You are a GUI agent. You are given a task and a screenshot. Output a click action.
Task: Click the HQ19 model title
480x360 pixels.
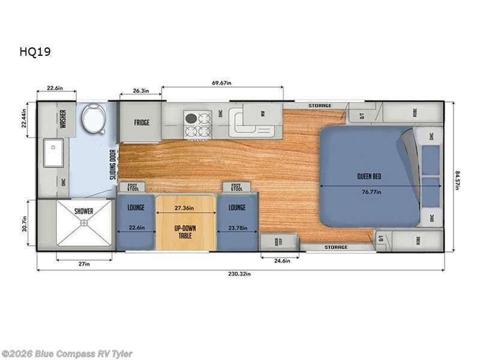coord(35,52)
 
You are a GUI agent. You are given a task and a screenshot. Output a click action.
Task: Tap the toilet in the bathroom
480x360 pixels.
coord(92,118)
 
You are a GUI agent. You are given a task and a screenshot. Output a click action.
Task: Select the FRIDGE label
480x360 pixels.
coord(142,123)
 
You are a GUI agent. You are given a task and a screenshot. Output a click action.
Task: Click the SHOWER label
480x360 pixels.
coord(84,211)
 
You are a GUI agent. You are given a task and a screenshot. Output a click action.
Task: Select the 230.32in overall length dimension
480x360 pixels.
coord(240,274)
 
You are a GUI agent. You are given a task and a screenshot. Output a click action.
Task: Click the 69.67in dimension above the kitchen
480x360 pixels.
coord(222,83)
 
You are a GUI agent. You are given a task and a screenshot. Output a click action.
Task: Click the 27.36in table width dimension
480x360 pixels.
coord(186,208)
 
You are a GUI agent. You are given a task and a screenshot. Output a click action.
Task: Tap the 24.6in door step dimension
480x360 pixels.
coord(280,260)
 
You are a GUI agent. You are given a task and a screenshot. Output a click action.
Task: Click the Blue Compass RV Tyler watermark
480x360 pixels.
coord(67,354)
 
